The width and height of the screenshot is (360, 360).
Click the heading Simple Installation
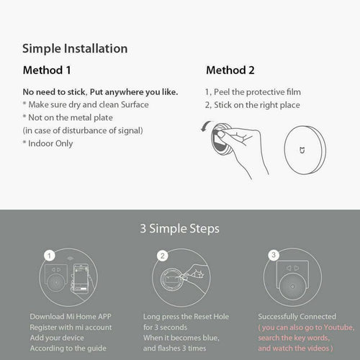pyautogui.click(x=75, y=49)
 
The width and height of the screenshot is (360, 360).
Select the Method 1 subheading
pyautogui.click(x=48, y=71)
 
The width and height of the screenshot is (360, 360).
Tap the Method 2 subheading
pyautogui.click(x=230, y=71)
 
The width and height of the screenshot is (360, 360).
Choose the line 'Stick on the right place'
pyautogui.click(x=253, y=105)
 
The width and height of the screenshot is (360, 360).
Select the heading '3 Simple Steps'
pyautogui.click(x=179, y=230)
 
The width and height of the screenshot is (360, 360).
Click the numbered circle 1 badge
pyautogui.click(x=48, y=255)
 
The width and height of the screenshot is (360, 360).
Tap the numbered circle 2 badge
pyautogui.click(x=163, y=255)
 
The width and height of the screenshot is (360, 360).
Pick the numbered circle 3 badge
pyautogui.click(x=273, y=255)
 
